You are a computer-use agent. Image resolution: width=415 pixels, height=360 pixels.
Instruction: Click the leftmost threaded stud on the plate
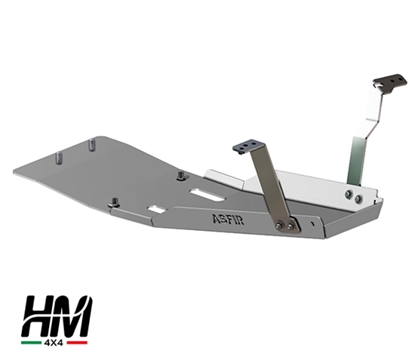(58, 158)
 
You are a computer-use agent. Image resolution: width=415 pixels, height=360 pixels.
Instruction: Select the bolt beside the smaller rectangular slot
(115, 202)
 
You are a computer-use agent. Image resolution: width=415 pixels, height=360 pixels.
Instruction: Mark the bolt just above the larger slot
(181, 177)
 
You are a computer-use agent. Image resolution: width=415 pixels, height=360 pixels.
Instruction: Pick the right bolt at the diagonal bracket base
(292, 223)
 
